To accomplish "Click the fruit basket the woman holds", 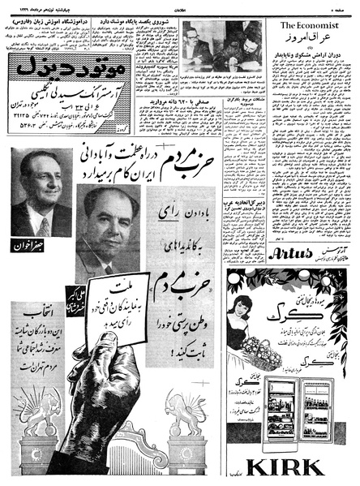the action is pyautogui.click(x=260, y=351).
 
